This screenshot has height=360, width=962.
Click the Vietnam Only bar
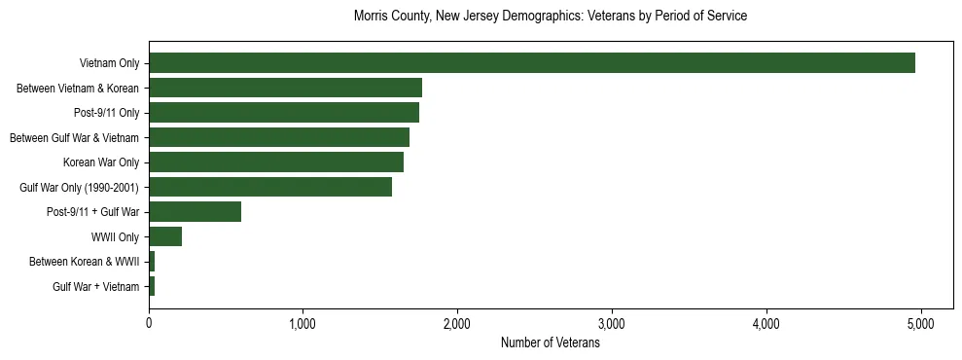point(532,63)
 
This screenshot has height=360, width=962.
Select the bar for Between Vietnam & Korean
point(285,89)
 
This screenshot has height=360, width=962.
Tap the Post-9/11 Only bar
point(284,113)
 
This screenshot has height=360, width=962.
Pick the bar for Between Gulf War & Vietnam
point(279,138)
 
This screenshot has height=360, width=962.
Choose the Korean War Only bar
point(276,162)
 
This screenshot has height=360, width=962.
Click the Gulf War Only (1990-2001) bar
point(270,187)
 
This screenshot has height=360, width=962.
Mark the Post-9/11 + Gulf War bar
point(195,212)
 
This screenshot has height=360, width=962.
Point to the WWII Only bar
point(165,236)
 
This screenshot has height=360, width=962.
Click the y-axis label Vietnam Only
point(109,64)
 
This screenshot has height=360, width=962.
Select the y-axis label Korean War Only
point(101,162)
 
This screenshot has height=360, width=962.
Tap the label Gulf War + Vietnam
point(95,286)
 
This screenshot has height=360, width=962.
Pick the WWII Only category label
point(115,236)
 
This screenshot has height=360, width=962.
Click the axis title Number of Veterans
point(550,343)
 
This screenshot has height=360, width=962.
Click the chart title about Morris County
point(550,17)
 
